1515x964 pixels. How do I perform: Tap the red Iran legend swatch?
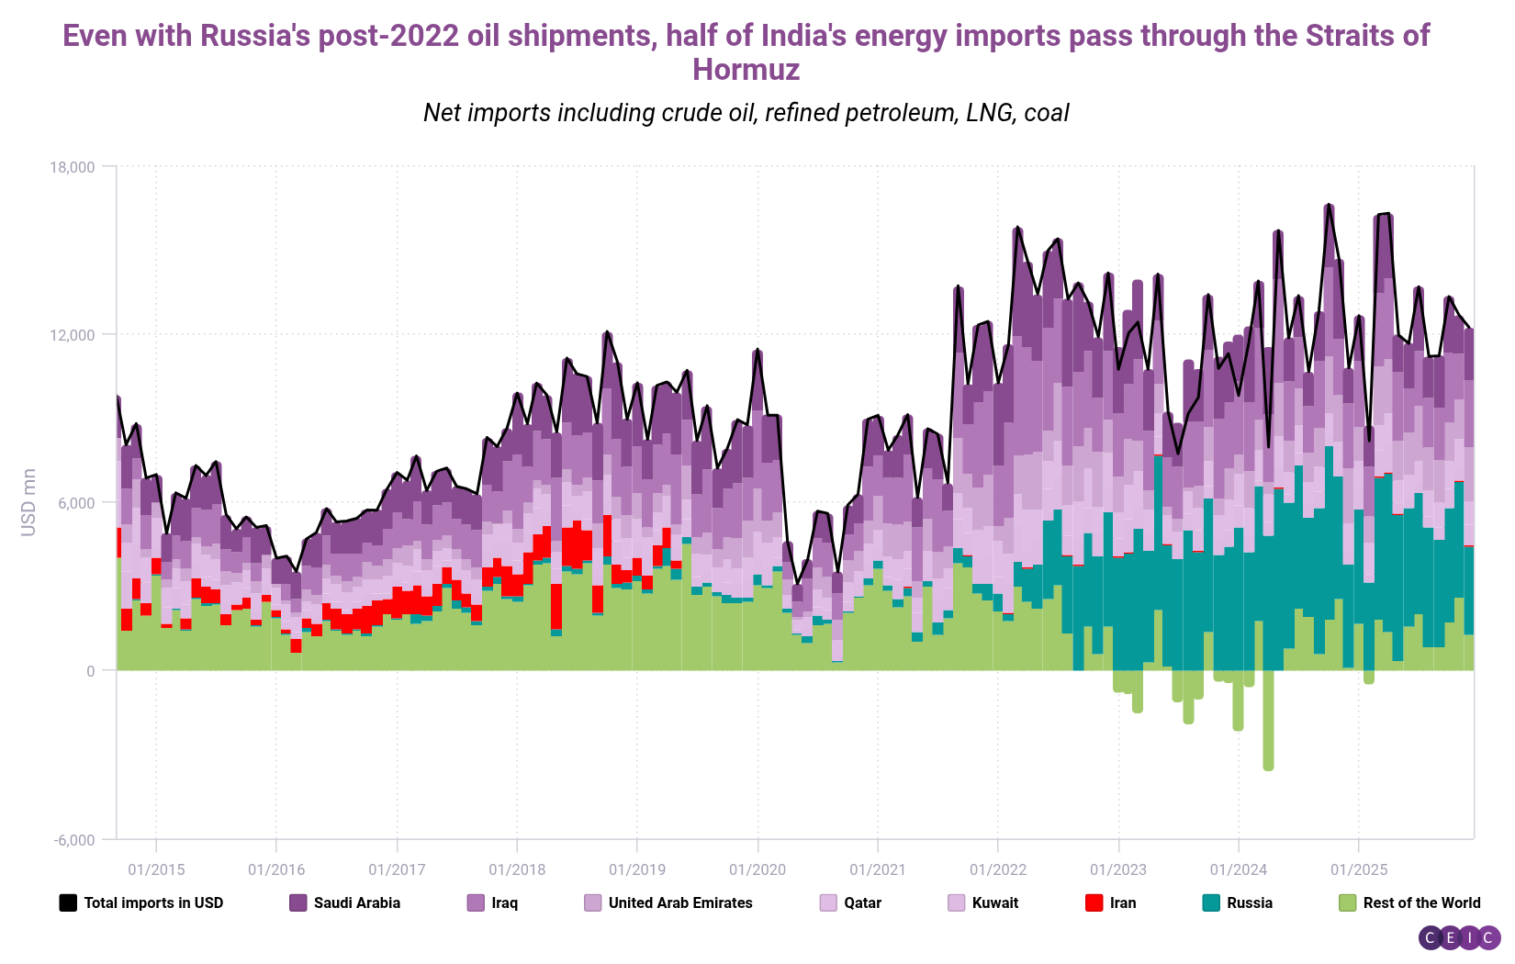(x=1094, y=902)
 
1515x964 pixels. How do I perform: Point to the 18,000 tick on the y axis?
(x=73, y=167)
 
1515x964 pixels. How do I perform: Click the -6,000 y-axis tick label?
(x=73, y=840)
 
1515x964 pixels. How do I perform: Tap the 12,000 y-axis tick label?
(x=73, y=335)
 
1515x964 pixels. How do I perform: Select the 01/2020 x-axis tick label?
(x=757, y=869)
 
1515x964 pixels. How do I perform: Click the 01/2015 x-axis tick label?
(x=156, y=869)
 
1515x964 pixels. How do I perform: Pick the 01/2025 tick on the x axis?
(x=1359, y=869)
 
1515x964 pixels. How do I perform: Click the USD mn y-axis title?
(x=28, y=502)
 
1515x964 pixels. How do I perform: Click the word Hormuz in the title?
(x=746, y=70)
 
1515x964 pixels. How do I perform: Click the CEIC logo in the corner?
(x=1459, y=937)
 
